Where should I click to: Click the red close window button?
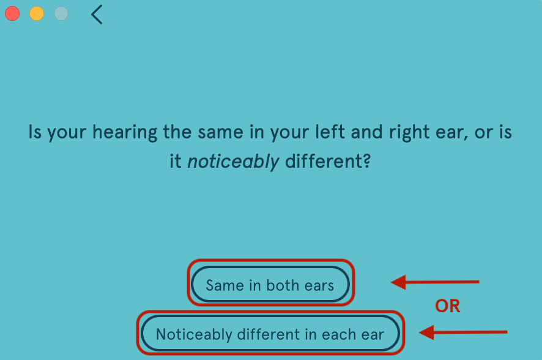click(x=12, y=13)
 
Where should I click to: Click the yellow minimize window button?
click(x=37, y=13)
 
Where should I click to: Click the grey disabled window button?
click(x=61, y=13)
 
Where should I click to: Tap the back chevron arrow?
click(x=97, y=15)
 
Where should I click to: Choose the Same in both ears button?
click(x=270, y=284)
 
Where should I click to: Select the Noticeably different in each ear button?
click(x=270, y=333)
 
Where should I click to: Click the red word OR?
click(x=448, y=306)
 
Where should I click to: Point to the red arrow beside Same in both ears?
click(x=435, y=282)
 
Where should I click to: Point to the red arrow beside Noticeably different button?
click(x=463, y=332)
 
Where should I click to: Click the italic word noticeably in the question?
click(x=233, y=162)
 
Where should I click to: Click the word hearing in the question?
click(x=125, y=133)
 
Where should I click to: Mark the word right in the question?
click(x=410, y=133)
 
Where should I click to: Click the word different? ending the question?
click(x=328, y=161)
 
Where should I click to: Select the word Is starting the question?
click(x=35, y=132)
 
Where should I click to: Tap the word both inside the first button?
click(x=283, y=285)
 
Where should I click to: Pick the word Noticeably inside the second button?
click(x=194, y=334)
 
